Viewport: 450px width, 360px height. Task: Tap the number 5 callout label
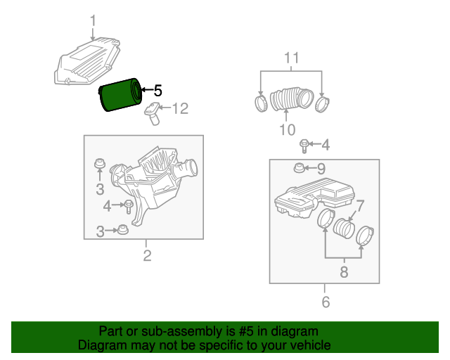point(157,91)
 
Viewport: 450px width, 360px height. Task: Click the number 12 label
point(181,108)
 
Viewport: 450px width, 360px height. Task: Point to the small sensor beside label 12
point(153,112)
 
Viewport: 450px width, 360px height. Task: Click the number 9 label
point(321,168)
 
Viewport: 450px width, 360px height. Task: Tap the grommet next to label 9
point(299,168)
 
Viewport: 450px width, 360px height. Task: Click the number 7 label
point(360,207)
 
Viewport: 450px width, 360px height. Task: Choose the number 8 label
point(344,272)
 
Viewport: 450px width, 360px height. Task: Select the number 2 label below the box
point(147,256)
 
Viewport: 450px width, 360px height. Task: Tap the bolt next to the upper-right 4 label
point(304,146)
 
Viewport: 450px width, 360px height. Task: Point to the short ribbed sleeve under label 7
point(343,229)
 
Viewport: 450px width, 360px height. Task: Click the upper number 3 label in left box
point(100,188)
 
